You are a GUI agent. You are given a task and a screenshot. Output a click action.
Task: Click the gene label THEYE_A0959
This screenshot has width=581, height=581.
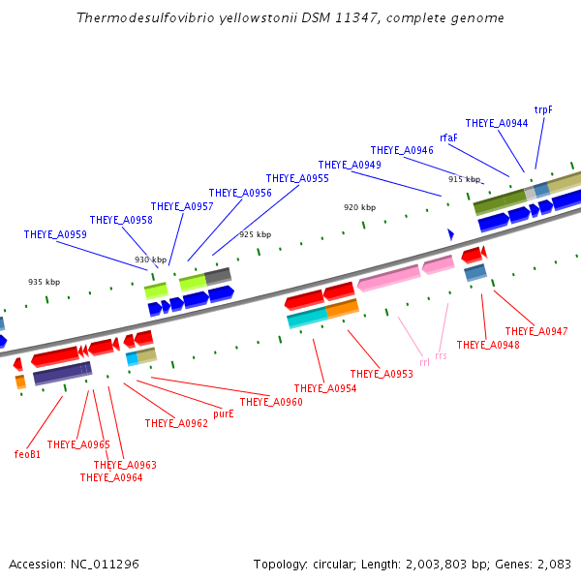pyautogui.click(x=55, y=234)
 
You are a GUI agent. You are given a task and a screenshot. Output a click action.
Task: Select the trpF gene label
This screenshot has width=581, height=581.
pyautogui.click(x=543, y=109)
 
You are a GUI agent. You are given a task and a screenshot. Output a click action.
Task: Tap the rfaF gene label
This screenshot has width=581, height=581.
pyautogui.click(x=448, y=138)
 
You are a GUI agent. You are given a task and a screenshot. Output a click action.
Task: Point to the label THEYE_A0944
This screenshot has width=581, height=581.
pyautogui.click(x=497, y=123)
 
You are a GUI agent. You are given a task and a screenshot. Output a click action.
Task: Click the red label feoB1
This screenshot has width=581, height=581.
pyautogui.click(x=27, y=453)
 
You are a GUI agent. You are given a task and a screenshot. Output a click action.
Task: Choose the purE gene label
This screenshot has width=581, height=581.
pyautogui.click(x=224, y=413)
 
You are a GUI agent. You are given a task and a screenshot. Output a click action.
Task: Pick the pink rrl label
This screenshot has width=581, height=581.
pyautogui.click(x=424, y=362)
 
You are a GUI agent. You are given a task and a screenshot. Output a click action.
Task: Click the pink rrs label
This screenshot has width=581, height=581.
pyautogui.click(x=441, y=356)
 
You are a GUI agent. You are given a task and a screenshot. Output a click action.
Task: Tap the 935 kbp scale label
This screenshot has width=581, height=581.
pyautogui.click(x=44, y=282)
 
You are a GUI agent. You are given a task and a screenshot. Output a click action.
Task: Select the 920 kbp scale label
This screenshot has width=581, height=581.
pyautogui.click(x=359, y=207)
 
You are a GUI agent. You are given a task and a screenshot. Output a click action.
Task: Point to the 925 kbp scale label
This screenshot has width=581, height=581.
pyautogui.click(x=255, y=234)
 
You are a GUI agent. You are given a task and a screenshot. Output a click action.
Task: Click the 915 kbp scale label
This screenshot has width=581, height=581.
pyautogui.click(x=464, y=179)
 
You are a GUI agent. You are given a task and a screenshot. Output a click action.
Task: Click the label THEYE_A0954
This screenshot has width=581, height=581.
pyautogui.click(x=325, y=388)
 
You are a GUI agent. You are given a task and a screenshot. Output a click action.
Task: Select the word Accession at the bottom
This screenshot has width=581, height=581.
pyautogui.click(x=37, y=564)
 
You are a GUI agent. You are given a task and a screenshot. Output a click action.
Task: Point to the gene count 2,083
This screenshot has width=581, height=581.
pyautogui.click(x=553, y=564)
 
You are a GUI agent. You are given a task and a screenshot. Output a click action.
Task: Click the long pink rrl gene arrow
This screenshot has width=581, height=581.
pyautogui.click(x=388, y=278)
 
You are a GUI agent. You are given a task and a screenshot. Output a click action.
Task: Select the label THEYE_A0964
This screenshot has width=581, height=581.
pyautogui.click(x=111, y=477)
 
